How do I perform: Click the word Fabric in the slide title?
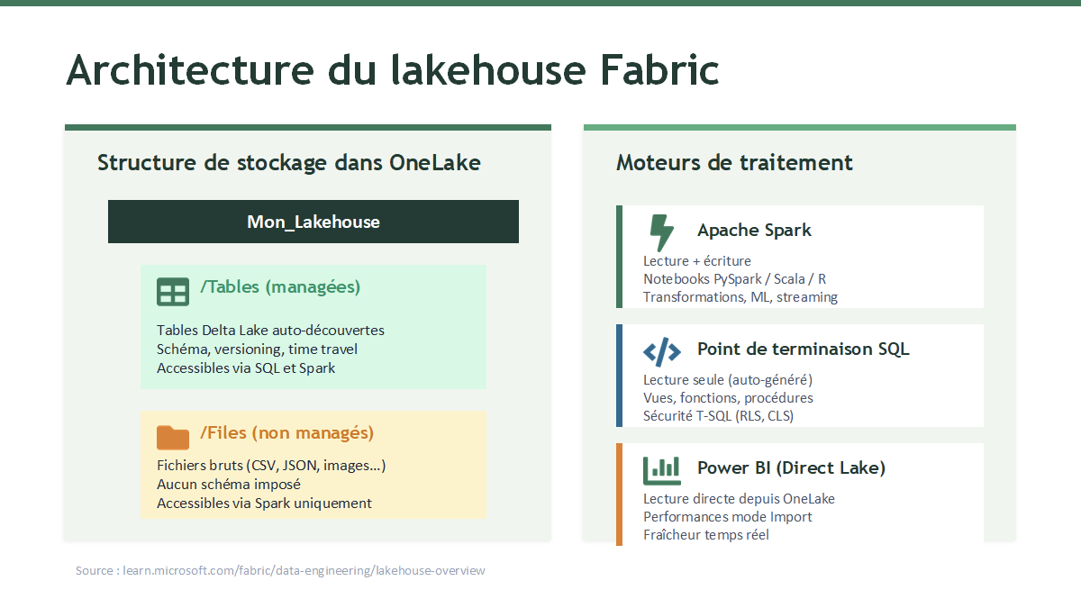click(x=659, y=70)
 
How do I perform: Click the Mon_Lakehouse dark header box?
click(x=313, y=222)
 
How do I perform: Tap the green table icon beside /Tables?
click(x=173, y=292)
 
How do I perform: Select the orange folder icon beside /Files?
click(x=173, y=437)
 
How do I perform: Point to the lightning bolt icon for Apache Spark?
click(x=661, y=232)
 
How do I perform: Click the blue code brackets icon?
click(x=661, y=352)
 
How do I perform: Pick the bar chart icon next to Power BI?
click(x=661, y=470)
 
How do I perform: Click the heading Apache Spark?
click(x=754, y=231)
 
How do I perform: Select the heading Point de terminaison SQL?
click(x=803, y=349)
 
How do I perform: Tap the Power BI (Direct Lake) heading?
click(x=792, y=467)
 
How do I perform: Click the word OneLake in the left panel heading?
click(x=435, y=163)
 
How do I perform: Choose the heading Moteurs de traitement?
click(x=734, y=163)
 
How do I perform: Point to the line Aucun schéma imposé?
click(x=229, y=484)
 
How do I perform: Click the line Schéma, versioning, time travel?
click(x=257, y=349)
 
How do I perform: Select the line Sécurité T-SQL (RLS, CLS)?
click(x=718, y=416)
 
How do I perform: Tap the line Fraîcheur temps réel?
click(x=706, y=535)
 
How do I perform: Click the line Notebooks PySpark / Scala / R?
click(x=734, y=279)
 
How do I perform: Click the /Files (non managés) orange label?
click(x=286, y=433)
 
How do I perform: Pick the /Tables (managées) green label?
click(x=280, y=286)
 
